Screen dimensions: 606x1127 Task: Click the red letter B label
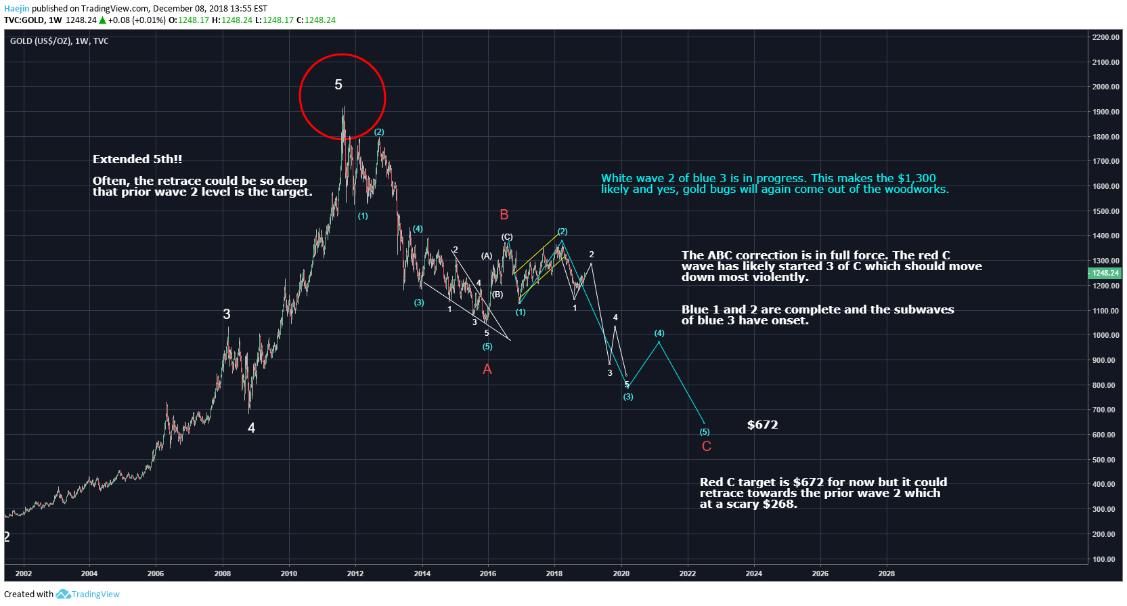tap(504, 215)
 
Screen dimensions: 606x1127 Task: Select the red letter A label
tap(487, 369)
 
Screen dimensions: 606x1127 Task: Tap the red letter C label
tap(706, 446)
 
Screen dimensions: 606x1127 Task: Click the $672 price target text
tap(762, 425)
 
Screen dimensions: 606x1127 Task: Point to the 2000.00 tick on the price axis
tap(1105, 87)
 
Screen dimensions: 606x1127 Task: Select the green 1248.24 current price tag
tap(1105, 273)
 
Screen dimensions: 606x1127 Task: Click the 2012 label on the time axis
tap(355, 573)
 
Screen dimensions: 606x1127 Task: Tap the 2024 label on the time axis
tap(753, 573)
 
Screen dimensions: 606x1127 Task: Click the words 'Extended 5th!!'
tap(137, 159)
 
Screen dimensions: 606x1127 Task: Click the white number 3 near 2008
tap(227, 314)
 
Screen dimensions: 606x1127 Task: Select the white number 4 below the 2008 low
tap(251, 428)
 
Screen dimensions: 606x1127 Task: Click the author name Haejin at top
tap(17, 8)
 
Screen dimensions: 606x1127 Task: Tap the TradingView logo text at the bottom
tap(95, 594)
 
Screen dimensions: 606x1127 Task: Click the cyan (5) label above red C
tap(705, 432)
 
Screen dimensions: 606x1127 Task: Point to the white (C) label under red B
tap(507, 237)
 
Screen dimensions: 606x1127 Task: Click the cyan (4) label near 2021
tap(659, 333)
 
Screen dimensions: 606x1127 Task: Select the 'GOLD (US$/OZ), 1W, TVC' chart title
tap(60, 41)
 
